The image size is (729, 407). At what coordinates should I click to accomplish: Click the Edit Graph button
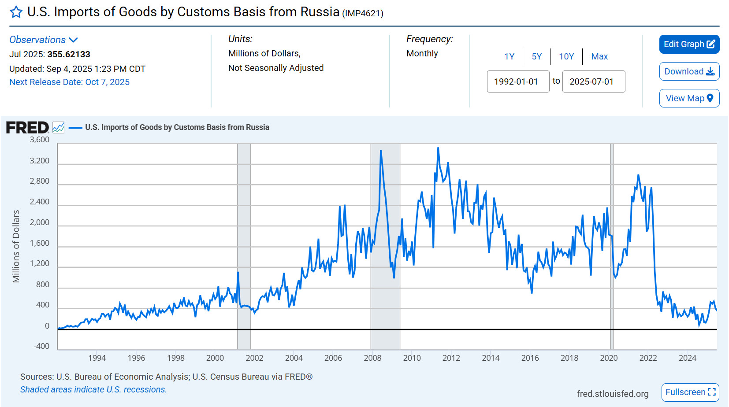point(689,44)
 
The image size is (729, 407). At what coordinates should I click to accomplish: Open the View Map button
point(689,98)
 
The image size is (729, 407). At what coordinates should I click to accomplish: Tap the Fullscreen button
point(690,392)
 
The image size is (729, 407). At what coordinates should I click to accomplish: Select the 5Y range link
point(536,56)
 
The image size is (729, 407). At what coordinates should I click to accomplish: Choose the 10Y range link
point(566,56)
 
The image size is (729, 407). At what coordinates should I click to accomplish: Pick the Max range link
point(599,56)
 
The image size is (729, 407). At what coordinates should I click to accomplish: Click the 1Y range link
point(509,56)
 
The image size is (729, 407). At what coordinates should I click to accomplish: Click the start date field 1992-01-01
point(518,81)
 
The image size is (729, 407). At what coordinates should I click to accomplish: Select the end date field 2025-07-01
point(593,81)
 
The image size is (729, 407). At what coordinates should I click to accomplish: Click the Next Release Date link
point(69,82)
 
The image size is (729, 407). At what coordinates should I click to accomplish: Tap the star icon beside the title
point(16,12)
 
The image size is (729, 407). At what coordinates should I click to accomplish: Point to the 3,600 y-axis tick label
point(40,140)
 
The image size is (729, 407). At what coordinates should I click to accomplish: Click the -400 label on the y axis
point(41,346)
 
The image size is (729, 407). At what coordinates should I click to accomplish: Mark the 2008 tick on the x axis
point(372,358)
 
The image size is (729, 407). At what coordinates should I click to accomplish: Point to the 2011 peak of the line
point(438,148)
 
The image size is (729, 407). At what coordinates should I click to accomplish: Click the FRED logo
point(27,127)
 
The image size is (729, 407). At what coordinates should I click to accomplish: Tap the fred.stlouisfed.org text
point(612,393)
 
